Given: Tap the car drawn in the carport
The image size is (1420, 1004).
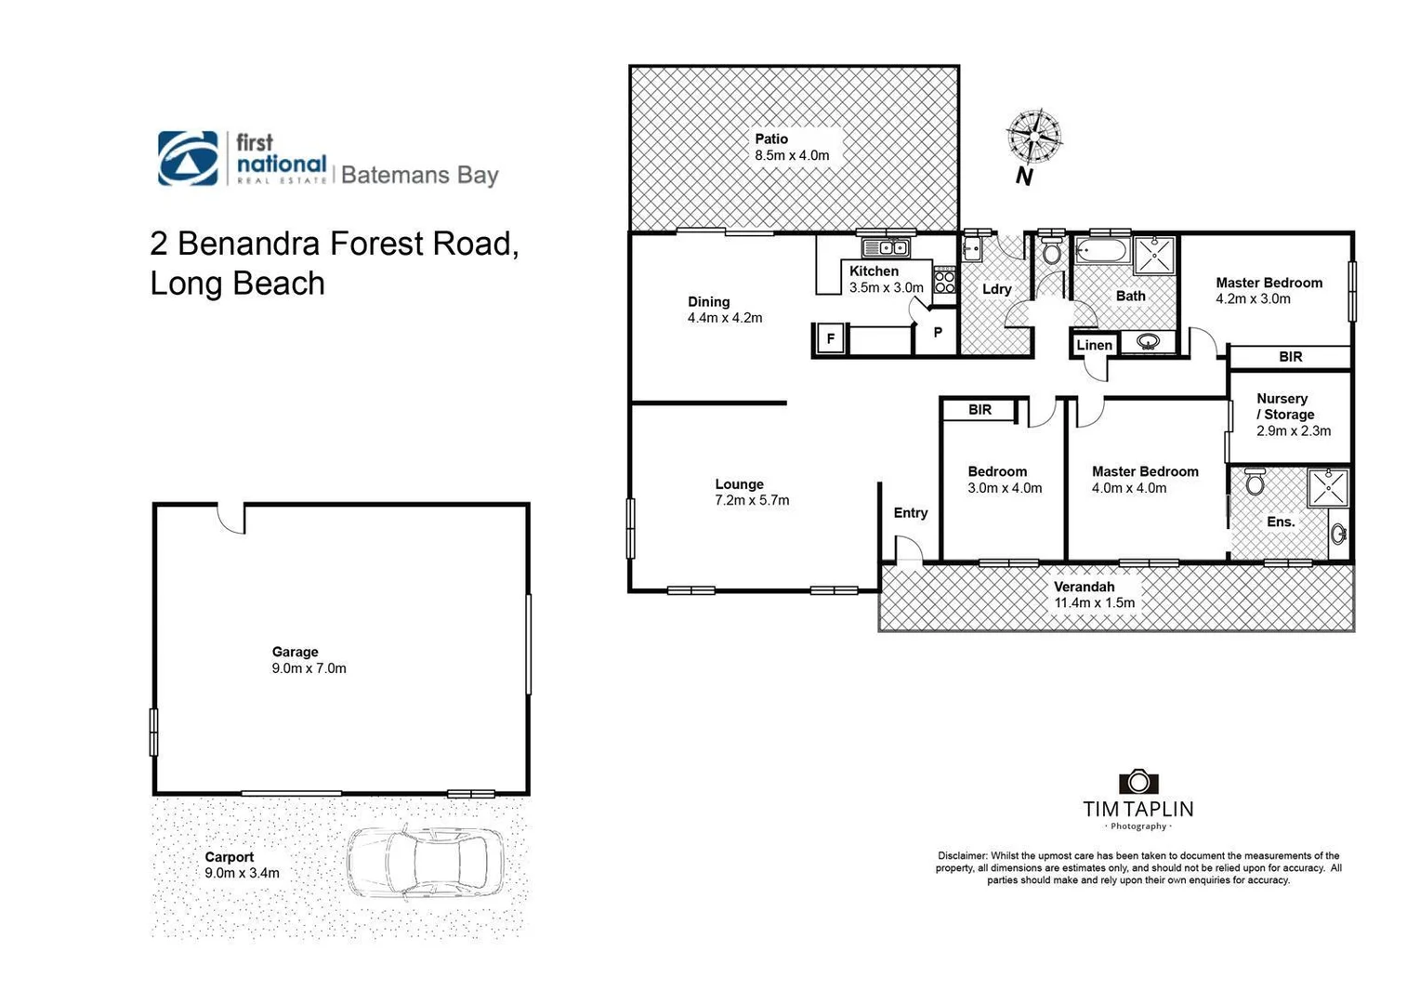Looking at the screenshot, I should (425, 863).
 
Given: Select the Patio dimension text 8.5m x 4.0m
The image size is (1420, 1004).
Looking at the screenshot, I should (792, 155).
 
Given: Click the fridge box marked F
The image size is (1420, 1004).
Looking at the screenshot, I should (830, 338).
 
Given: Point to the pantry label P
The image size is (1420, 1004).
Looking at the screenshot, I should (938, 332).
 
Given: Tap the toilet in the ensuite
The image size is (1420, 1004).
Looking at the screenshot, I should (1255, 482).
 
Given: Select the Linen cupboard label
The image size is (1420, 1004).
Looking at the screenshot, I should (1094, 345).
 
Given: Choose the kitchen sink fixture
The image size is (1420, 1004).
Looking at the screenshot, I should (886, 247).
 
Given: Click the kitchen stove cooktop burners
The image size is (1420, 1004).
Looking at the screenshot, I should (944, 279).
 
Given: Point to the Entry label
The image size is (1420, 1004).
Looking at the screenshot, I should (910, 512).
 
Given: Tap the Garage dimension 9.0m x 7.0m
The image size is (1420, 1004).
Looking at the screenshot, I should (309, 668).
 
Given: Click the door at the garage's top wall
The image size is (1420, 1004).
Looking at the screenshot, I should (231, 518).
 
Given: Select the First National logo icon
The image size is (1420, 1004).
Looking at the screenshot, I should (188, 158).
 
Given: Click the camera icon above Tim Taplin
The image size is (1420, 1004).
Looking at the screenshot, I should (1137, 781).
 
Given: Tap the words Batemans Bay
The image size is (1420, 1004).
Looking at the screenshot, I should (419, 175).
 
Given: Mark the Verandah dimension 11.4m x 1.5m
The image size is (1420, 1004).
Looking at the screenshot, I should (1094, 602).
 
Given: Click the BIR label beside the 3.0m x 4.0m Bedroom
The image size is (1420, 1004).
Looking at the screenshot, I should (980, 409).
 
